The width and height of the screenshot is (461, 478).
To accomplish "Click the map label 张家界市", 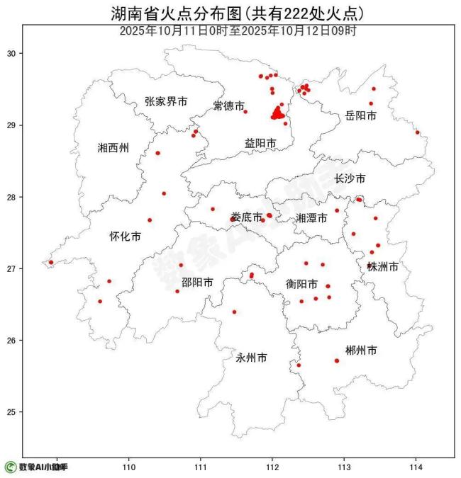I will [x=166, y=102].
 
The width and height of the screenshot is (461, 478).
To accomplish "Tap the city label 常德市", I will [x=229, y=106].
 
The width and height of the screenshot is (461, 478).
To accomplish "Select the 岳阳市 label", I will [x=360, y=115].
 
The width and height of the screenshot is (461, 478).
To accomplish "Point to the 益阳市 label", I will [x=260, y=143].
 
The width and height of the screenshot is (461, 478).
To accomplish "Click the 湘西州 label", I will [x=113, y=148].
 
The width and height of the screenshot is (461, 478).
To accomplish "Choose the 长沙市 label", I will [x=350, y=178].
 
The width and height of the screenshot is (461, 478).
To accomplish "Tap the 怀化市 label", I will [x=125, y=237].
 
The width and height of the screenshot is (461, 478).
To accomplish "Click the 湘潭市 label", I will [x=311, y=218].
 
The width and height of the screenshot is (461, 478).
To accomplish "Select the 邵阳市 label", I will [x=197, y=282].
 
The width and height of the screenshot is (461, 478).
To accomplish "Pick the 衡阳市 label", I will [x=301, y=284].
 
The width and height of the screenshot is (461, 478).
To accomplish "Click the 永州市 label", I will [x=251, y=358].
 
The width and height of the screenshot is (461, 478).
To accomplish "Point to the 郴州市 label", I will [x=360, y=351].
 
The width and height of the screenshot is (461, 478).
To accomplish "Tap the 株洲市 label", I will [x=382, y=267].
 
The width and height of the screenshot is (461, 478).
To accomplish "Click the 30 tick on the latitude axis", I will [x=12, y=54].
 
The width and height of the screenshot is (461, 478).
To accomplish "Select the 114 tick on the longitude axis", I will [x=416, y=467].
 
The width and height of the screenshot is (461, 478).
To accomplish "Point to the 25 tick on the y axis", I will [x=12, y=412].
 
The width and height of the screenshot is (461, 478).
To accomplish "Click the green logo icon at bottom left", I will [x=10, y=467].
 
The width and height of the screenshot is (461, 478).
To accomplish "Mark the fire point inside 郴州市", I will [x=337, y=360].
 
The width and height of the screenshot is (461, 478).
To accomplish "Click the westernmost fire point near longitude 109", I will [x=50, y=262].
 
